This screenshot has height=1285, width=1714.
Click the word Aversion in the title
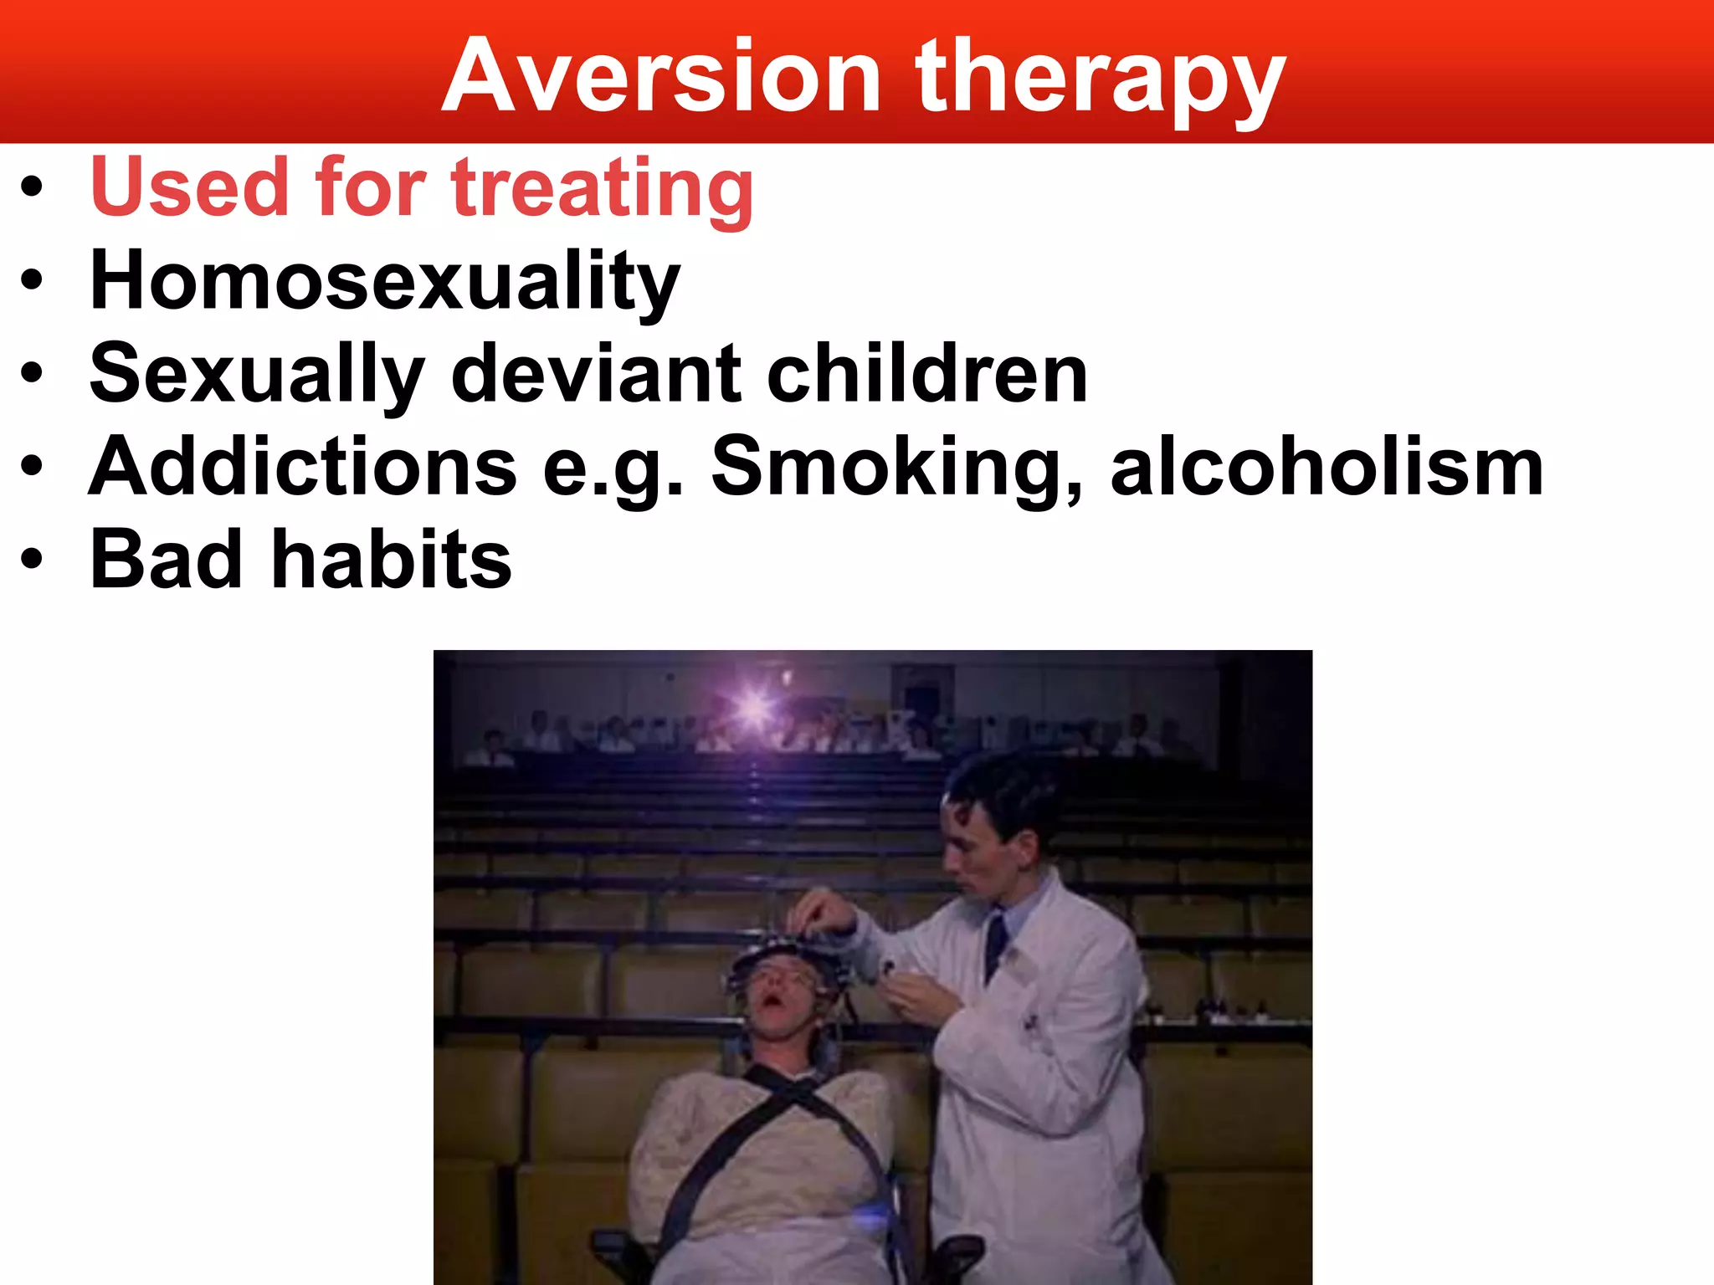click(x=661, y=77)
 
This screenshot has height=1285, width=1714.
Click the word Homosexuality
click(x=385, y=281)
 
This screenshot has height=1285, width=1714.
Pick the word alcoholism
click(x=1327, y=467)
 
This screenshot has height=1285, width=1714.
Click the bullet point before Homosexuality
click(x=32, y=281)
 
